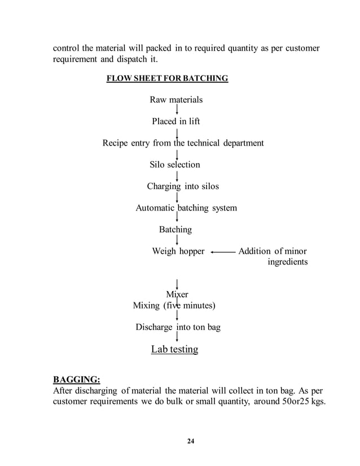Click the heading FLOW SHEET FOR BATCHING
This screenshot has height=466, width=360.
[x=167, y=78]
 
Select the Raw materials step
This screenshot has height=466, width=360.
[x=175, y=100]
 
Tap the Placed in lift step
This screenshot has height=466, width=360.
[x=175, y=121]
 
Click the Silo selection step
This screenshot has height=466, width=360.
[x=174, y=165]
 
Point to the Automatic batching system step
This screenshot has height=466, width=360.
[x=186, y=208]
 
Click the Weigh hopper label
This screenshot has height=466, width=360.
[x=178, y=252]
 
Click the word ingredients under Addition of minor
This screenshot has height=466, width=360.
[x=287, y=262]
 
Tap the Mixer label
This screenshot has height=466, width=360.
[x=177, y=294]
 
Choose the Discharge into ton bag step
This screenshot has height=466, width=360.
[x=178, y=327]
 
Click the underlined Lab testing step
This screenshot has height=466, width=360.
[x=174, y=350]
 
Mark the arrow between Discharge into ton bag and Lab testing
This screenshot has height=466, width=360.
[x=178, y=337]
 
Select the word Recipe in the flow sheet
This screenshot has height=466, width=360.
[x=115, y=143]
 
